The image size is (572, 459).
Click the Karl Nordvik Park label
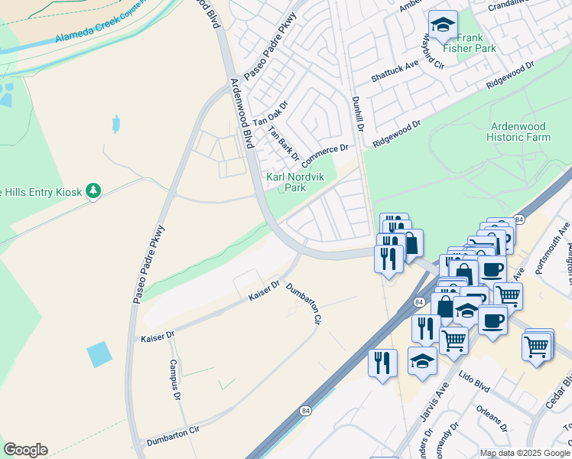(x=285, y=182)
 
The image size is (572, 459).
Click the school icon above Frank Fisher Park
(x=442, y=25)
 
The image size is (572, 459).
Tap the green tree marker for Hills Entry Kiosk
(x=93, y=190)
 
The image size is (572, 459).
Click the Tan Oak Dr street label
(x=270, y=112)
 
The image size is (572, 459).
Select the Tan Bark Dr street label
(x=283, y=143)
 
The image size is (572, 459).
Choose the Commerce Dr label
(x=324, y=156)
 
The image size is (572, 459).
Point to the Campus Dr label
(x=174, y=380)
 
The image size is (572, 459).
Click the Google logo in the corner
(x=25, y=450)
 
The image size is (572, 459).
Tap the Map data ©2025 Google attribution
(x=525, y=453)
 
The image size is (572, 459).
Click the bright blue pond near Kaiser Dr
(x=99, y=354)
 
